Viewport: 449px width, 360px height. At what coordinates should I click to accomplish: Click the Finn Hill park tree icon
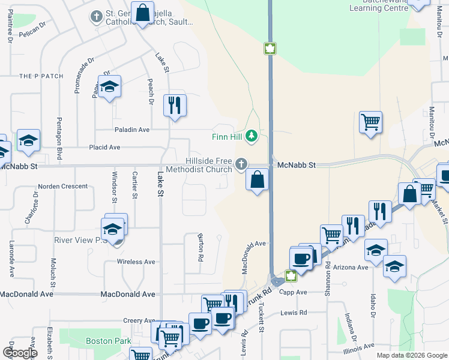point(252,136)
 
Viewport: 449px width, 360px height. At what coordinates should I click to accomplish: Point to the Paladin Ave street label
point(132,130)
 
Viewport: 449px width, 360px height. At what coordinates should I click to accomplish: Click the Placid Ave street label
point(104,147)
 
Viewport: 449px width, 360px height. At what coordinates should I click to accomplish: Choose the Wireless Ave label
point(137,262)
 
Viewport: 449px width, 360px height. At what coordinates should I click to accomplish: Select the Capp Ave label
point(294,292)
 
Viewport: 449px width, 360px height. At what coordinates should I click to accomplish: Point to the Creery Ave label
point(139,321)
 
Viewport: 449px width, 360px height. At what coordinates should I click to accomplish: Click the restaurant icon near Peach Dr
point(175,105)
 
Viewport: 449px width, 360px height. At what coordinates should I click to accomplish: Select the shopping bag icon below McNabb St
point(257,179)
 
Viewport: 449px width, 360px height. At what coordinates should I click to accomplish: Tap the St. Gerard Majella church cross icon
point(96,16)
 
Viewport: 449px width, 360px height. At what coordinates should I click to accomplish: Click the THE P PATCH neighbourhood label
point(41,76)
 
